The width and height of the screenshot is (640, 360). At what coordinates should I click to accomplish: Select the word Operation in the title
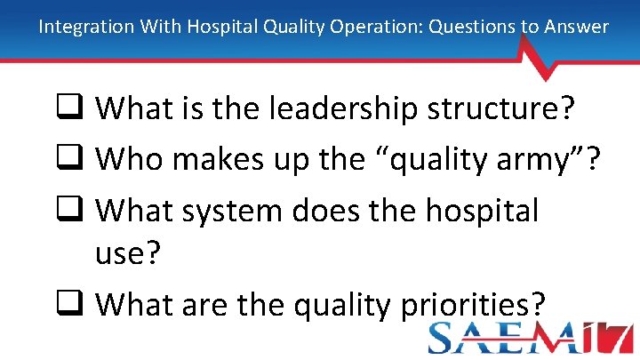pyautogui.click(x=378, y=27)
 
